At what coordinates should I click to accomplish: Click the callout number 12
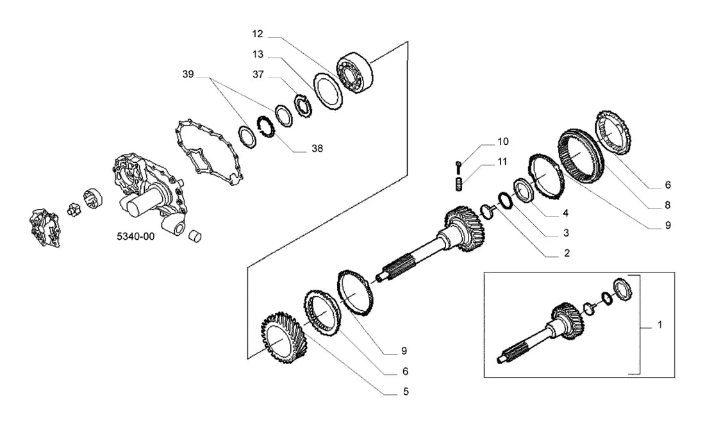click(258, 34)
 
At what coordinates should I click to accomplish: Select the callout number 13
click(258, 54)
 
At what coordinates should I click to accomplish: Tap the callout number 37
click(258, 74)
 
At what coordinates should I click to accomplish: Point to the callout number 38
click(317, 149)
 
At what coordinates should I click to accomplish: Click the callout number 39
click(188, 74)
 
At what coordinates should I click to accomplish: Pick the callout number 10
click(502, 142)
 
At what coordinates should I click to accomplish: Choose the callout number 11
click(502, 162)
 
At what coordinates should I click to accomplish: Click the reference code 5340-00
click(135, 237)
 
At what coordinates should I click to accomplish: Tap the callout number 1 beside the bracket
click(659, 325)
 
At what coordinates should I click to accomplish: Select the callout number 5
click(406, 392)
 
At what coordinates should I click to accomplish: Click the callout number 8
click(667, 206)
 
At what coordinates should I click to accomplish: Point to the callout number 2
click(567, 253)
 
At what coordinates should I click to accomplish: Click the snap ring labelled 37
click(304, 106)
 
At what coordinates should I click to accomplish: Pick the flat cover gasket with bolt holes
click(210, 152)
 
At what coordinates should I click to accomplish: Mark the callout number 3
click(566, 233)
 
